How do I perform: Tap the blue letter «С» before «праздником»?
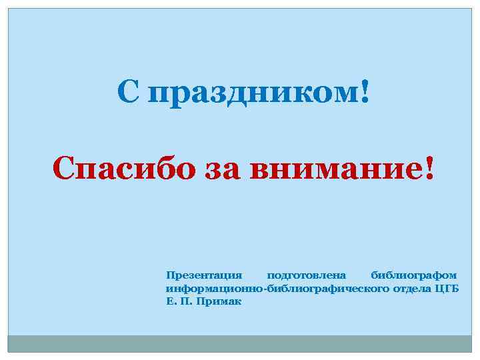click(129, 91)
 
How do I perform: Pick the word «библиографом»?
click(414, 275)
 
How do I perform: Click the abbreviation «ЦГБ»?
click(447, 288)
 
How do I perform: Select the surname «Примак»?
click(220, 301)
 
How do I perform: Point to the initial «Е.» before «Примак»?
click(170, 301)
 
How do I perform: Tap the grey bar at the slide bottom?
click(240, 343)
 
